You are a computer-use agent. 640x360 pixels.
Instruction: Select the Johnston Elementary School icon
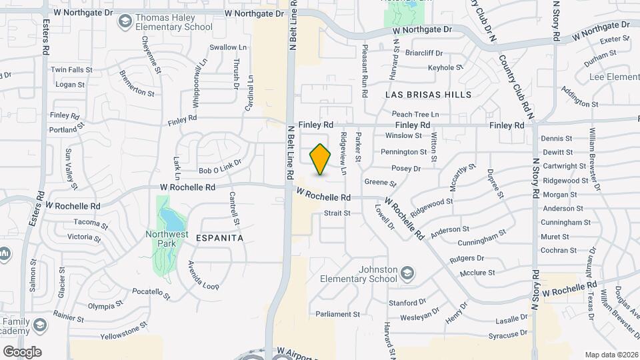click(407, 273)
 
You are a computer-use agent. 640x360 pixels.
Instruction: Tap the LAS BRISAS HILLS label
click(428, 95)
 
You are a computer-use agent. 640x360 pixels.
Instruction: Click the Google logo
click(22, 351)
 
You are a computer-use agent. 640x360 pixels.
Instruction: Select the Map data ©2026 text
click(611, 355)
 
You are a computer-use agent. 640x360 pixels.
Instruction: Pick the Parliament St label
click(338, 314)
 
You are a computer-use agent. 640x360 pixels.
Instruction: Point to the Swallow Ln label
click(228, 47)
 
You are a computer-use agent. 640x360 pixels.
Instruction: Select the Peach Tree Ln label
click(415, 115)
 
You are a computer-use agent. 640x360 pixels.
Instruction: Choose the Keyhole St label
click(445, 67)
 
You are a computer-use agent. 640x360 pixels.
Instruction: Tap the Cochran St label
click(559, 251)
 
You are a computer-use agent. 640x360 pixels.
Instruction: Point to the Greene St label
click(380, 182)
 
